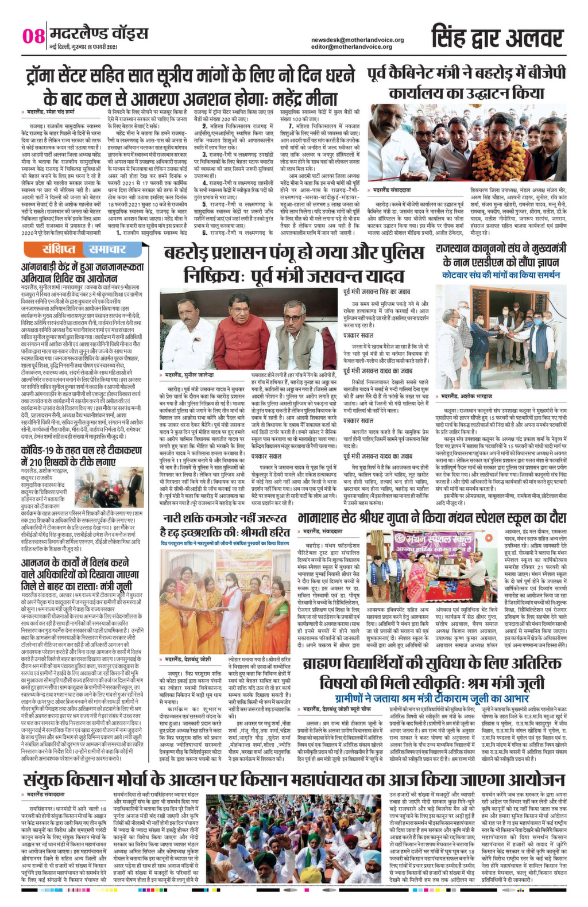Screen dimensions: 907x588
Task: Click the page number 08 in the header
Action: pyautogui.click(x=33, y=36)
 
